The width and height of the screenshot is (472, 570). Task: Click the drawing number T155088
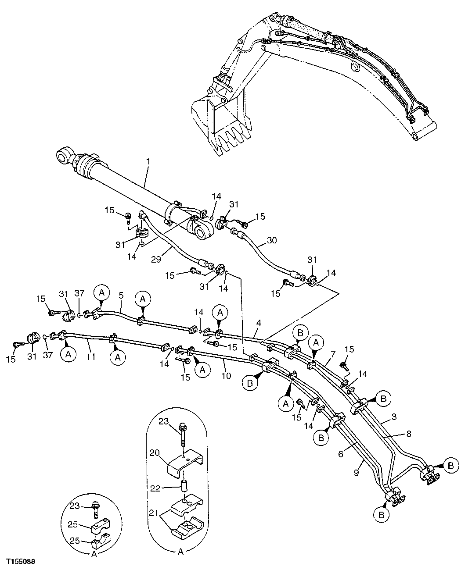[21, 561]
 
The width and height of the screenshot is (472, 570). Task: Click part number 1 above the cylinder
[148, 162]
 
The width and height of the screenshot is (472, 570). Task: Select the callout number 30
[272, 240]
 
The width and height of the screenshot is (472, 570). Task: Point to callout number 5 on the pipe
[121, 296]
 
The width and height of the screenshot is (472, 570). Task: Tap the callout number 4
[259, 323]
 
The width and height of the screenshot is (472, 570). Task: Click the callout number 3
[394, 417]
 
